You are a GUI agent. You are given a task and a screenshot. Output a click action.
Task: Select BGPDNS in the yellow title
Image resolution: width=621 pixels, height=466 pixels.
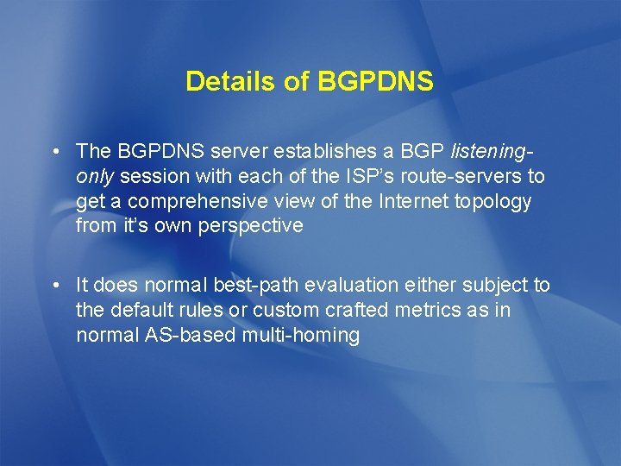(x=375, y=82)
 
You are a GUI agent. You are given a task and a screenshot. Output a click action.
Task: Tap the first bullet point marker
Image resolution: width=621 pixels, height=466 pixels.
(x=54, y=153)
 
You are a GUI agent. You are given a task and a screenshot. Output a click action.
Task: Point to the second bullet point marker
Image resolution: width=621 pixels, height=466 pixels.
(x=54, y=286)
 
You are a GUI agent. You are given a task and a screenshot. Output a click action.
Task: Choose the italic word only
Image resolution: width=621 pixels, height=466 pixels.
(x=96, y=177)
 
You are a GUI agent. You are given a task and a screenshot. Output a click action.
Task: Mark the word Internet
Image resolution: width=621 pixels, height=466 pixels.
(x=396, y=202)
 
